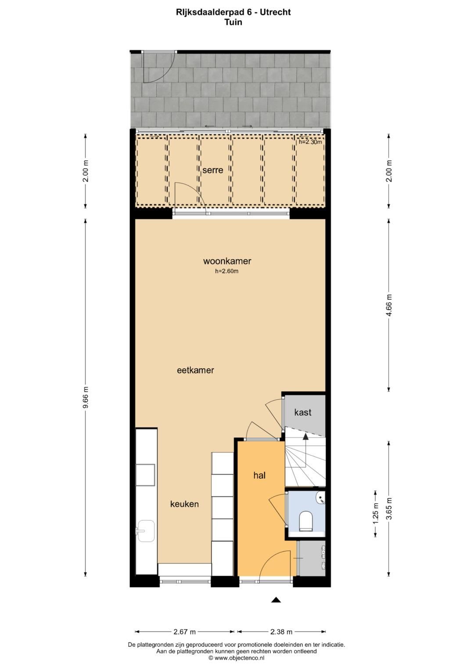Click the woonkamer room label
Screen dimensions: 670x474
(x=227, y=261)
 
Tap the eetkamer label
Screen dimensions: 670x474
(x=195, y=370)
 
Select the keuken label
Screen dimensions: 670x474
(x=184, y=504)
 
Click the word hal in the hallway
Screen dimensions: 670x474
(x=259, y=475)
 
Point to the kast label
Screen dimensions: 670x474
(x=303, y=412)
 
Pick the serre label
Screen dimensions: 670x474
(x=212, y=170)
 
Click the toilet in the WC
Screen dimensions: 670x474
(x=305, y=521)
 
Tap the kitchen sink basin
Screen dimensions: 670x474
(x=145, y=531)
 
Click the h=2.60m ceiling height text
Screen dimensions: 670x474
(x=226, y=271)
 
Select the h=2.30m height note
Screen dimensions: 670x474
(x=310, y=142)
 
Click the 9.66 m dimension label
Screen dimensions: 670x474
(x=86, y=398)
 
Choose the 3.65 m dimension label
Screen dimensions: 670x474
(x=389, y=509)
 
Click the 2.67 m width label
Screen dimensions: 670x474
(x=184, y=632)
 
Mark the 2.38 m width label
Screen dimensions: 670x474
(x=281, y=632)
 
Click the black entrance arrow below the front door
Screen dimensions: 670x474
(x=276, y=600)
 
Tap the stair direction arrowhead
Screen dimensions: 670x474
(x=305, y=436)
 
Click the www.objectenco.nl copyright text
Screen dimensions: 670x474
(x=237, y=658)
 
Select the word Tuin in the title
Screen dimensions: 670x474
(x=233, y=22)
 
